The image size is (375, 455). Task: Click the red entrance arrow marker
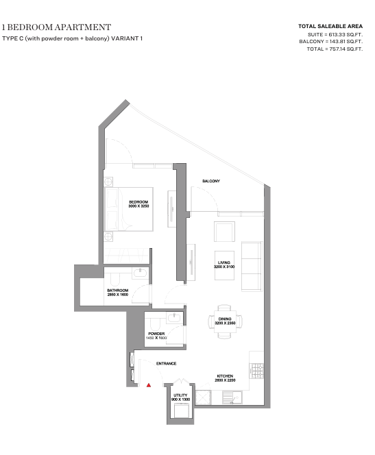(149, 385)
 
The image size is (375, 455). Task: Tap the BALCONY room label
(211, 181)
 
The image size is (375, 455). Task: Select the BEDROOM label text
(138, 201)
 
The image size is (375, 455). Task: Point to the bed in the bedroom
(129, 209)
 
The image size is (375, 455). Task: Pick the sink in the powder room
(174, 317)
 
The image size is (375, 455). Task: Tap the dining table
(225, 321)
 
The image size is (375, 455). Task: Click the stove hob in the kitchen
(257, 371)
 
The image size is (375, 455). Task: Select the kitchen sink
(232, 397)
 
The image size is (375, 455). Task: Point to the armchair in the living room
(224, 232)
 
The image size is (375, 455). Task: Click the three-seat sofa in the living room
(252, 266)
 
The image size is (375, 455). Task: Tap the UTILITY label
(180, 395)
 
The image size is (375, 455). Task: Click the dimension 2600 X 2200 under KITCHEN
(225, 380)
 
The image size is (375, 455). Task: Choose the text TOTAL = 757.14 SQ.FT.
(335, 49)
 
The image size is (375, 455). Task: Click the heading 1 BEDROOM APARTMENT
(56, 27)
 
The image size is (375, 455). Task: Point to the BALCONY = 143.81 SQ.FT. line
(331, 42)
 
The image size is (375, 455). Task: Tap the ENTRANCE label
(167, 363)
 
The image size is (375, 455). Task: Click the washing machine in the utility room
(180, 411)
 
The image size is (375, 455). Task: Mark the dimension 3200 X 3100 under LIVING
(224, 267)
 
